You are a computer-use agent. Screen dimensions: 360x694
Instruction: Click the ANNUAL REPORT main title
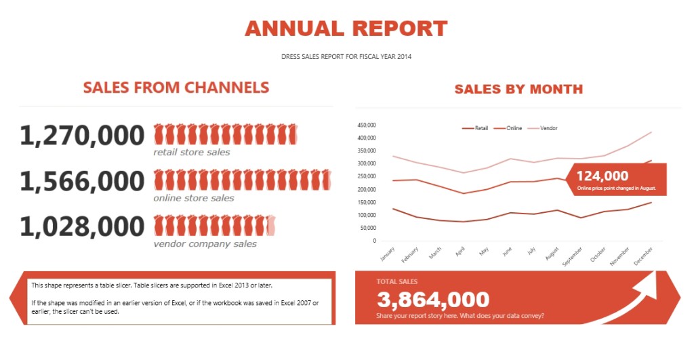346,28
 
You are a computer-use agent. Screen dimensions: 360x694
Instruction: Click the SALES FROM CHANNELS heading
176,87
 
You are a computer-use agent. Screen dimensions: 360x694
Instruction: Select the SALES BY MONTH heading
518,89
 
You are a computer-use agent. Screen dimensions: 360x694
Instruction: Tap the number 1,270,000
82,136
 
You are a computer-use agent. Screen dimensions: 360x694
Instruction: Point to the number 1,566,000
82,181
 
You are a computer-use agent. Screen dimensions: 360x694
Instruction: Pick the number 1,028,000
82,226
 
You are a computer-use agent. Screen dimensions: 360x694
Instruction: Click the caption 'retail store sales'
191,153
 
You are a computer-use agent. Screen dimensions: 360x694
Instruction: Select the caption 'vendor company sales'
205,244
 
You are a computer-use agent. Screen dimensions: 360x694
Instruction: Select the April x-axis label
460,253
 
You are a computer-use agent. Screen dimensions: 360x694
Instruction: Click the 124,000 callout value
603,176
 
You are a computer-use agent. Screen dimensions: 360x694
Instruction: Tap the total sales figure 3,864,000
433,299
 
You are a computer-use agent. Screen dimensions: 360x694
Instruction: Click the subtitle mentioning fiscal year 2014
346,57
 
